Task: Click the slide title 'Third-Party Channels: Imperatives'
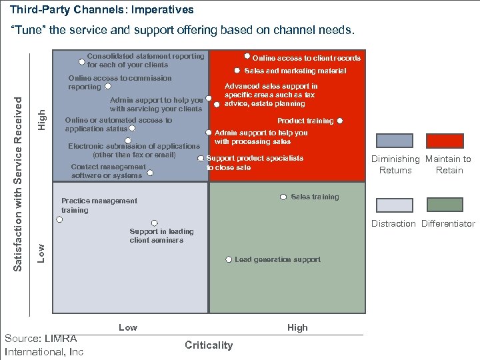(102, 10)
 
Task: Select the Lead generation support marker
(228, 259)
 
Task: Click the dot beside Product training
(340, 121)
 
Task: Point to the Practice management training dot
(59, 219)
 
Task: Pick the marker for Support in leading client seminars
(154, 223)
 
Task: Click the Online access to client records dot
(247, 57)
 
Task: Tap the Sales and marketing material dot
(237, 71)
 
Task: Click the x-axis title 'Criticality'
(209, 345)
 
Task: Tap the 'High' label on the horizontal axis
(297, 327)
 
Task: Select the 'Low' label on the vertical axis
(41, 252)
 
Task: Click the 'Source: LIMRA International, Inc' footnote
(44, 345)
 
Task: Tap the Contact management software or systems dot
(150, 173)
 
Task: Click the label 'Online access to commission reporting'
(119, 82)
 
